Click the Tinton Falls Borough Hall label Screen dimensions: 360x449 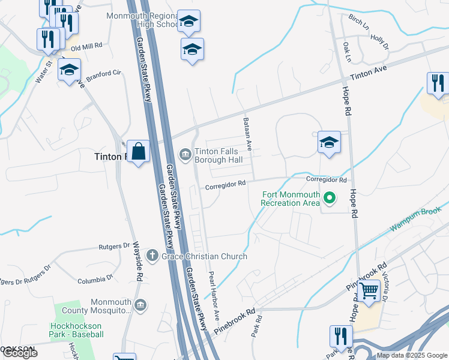220,155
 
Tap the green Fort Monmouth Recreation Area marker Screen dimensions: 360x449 329,196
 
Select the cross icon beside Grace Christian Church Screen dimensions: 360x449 152,256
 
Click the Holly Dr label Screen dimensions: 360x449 379,41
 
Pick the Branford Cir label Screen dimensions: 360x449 103,73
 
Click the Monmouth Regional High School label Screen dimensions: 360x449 142,20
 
